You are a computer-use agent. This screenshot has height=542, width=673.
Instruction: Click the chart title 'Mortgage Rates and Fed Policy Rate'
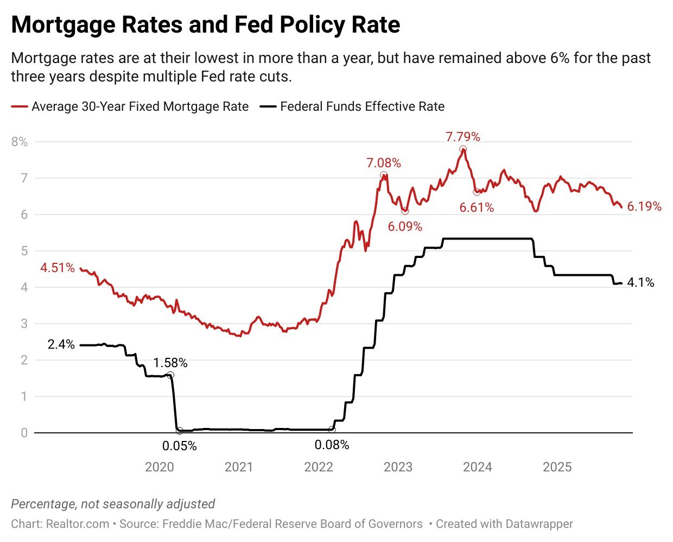point(206,25)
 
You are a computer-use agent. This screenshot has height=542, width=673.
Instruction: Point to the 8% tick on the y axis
point(19,142)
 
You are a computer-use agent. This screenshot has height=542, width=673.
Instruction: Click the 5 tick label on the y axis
point(23,251)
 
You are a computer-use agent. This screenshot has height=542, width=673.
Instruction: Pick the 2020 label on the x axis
point(160,467)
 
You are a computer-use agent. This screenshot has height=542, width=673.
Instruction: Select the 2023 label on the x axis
point(398,467)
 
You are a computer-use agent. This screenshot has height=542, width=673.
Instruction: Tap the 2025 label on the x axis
point(557,467)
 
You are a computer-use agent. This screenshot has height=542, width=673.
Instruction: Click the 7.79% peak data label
point(463,137)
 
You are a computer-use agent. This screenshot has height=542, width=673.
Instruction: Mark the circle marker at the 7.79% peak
point(462,149)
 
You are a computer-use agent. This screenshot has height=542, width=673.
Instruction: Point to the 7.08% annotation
point(384,163)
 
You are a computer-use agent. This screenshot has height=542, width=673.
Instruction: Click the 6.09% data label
point(405,226)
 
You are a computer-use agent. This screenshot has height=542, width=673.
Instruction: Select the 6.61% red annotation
point(477,207)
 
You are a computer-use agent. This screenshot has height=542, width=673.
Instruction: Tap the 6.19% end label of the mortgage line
point(644,206)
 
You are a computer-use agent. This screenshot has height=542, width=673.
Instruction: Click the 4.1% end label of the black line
point(640,282)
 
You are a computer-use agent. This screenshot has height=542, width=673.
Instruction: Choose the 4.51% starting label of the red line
point(58,268)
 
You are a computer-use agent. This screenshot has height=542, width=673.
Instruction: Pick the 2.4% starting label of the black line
point(61,344)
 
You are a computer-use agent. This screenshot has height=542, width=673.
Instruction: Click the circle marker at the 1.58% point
point(170,375)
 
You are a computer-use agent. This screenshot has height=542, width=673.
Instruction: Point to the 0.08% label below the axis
point(332,445)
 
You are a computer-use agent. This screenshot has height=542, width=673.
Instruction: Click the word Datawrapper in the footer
point(539,524)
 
